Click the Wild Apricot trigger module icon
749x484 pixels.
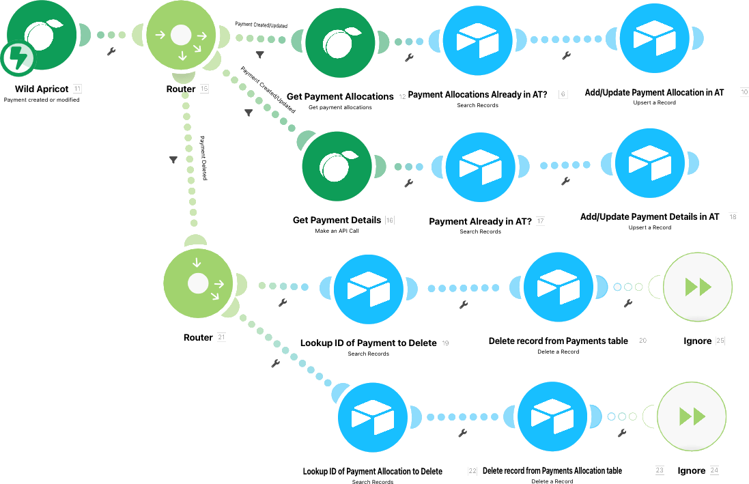pos(43,39)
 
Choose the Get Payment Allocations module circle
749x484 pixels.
pos(339,42)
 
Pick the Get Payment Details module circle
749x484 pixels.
pos(337,167)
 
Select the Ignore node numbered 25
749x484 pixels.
pos(698,287)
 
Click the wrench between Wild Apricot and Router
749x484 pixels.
pos(112,51)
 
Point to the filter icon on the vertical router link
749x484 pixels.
pos(173,159)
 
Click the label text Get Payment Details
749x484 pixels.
pos(337,220)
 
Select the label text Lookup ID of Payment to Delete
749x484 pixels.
pos(368,343)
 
